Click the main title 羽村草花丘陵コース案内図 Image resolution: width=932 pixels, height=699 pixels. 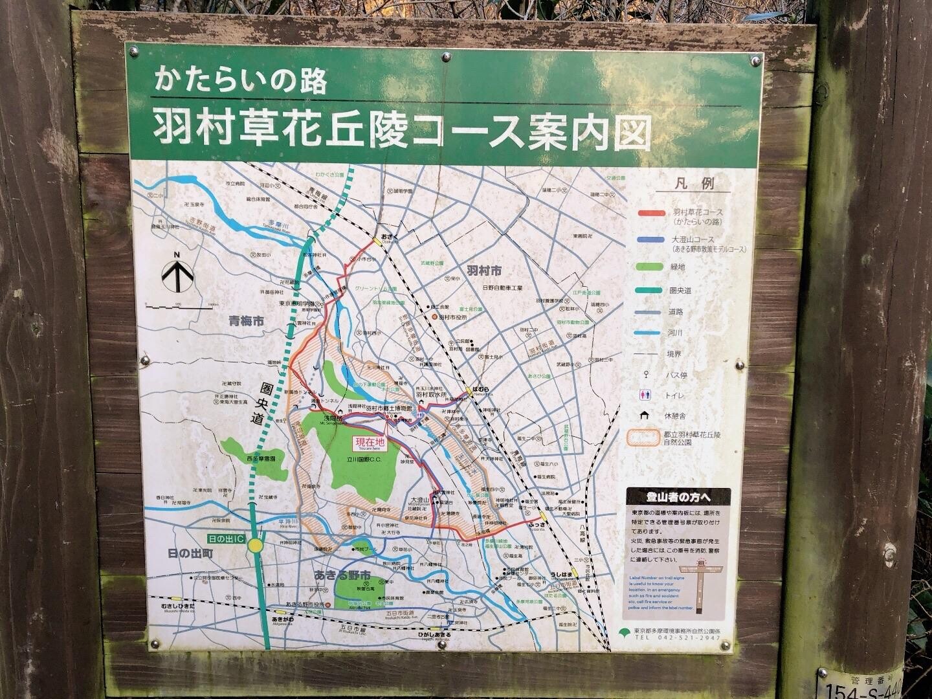[x=401, y=130]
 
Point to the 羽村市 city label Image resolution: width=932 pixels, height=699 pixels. [x=483, y=270]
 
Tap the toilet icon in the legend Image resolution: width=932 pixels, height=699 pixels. [x=650, y=395]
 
